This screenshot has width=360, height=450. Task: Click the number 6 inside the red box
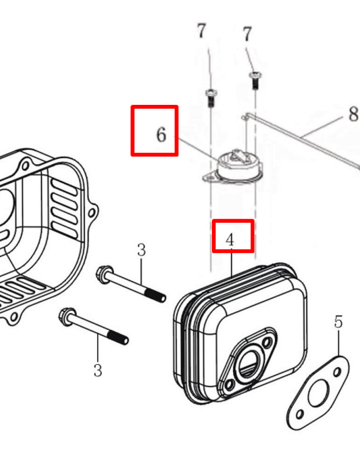[162, 134]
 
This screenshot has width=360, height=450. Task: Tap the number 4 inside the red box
[230, 240]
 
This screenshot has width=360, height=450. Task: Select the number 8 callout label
[353, 113]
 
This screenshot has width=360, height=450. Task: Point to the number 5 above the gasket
[339, 322]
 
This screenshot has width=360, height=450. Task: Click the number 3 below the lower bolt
[98, 370]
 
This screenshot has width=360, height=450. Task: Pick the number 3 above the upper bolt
[141, 250]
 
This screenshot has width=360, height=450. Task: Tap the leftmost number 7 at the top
[201, 31]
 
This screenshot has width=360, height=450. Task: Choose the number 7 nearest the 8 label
[247, 34]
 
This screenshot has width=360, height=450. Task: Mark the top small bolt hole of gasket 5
[337, 372]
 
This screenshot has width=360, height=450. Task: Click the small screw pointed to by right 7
[255, 81]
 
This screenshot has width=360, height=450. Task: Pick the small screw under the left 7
[211, 98]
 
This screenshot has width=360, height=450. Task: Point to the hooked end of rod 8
[244, 116]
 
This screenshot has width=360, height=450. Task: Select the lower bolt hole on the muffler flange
[229, 384]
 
